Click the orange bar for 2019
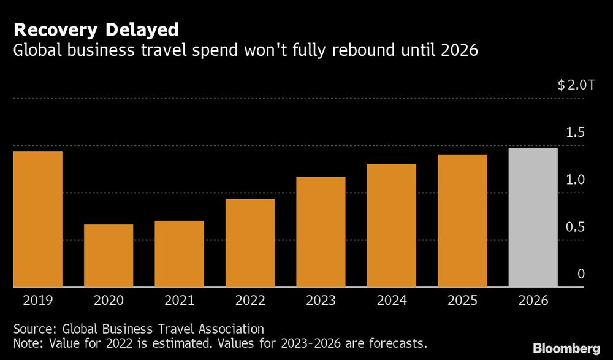tap(37, 219)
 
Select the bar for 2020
tap(109, 256)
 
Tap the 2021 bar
tap(179, 254)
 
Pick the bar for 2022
tap(250, 243)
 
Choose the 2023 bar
tap(321, 232)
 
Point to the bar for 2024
tap(392, 225)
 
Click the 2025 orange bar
tap(462, 220)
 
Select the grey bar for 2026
tap(533, 217)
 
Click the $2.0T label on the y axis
tap(576, 85)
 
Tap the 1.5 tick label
tap(576, 132)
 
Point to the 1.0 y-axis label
tap(576, 180)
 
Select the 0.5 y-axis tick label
tap(576, 227)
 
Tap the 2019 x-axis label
tap(37, 301)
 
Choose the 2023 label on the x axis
tap(321, 301)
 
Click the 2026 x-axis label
tap(533, 301)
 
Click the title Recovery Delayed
tap(96, 29)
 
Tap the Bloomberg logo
tap(565, 348)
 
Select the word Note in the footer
tap(27, 342)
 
